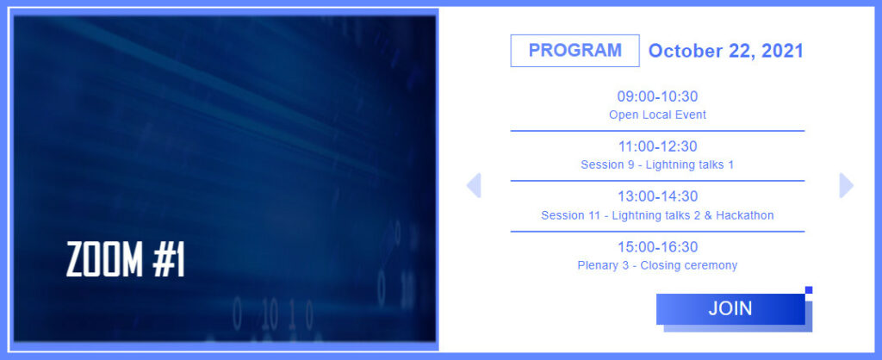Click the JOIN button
[x=730, y=309]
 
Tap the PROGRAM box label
[x=575, y=51]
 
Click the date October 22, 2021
[x=725, y=51]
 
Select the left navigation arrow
[x=474, y=186]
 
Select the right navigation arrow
[x=847, y=186]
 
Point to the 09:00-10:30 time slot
[x=657, y=96]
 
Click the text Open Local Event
[x=657, y=115]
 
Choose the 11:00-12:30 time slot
[x=657, y=146]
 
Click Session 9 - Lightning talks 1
[x=657, y=164]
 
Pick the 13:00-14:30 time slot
[x=657, y=197]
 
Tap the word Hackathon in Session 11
[x=745, y=214]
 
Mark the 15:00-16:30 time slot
[x=657, y=247]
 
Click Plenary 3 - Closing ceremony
[x=657, y=265]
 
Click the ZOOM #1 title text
[x=126, y=260]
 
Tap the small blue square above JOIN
[x=809, y=290]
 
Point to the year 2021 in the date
[x=782, y=51]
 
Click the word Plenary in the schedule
[x=599, y=265]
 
